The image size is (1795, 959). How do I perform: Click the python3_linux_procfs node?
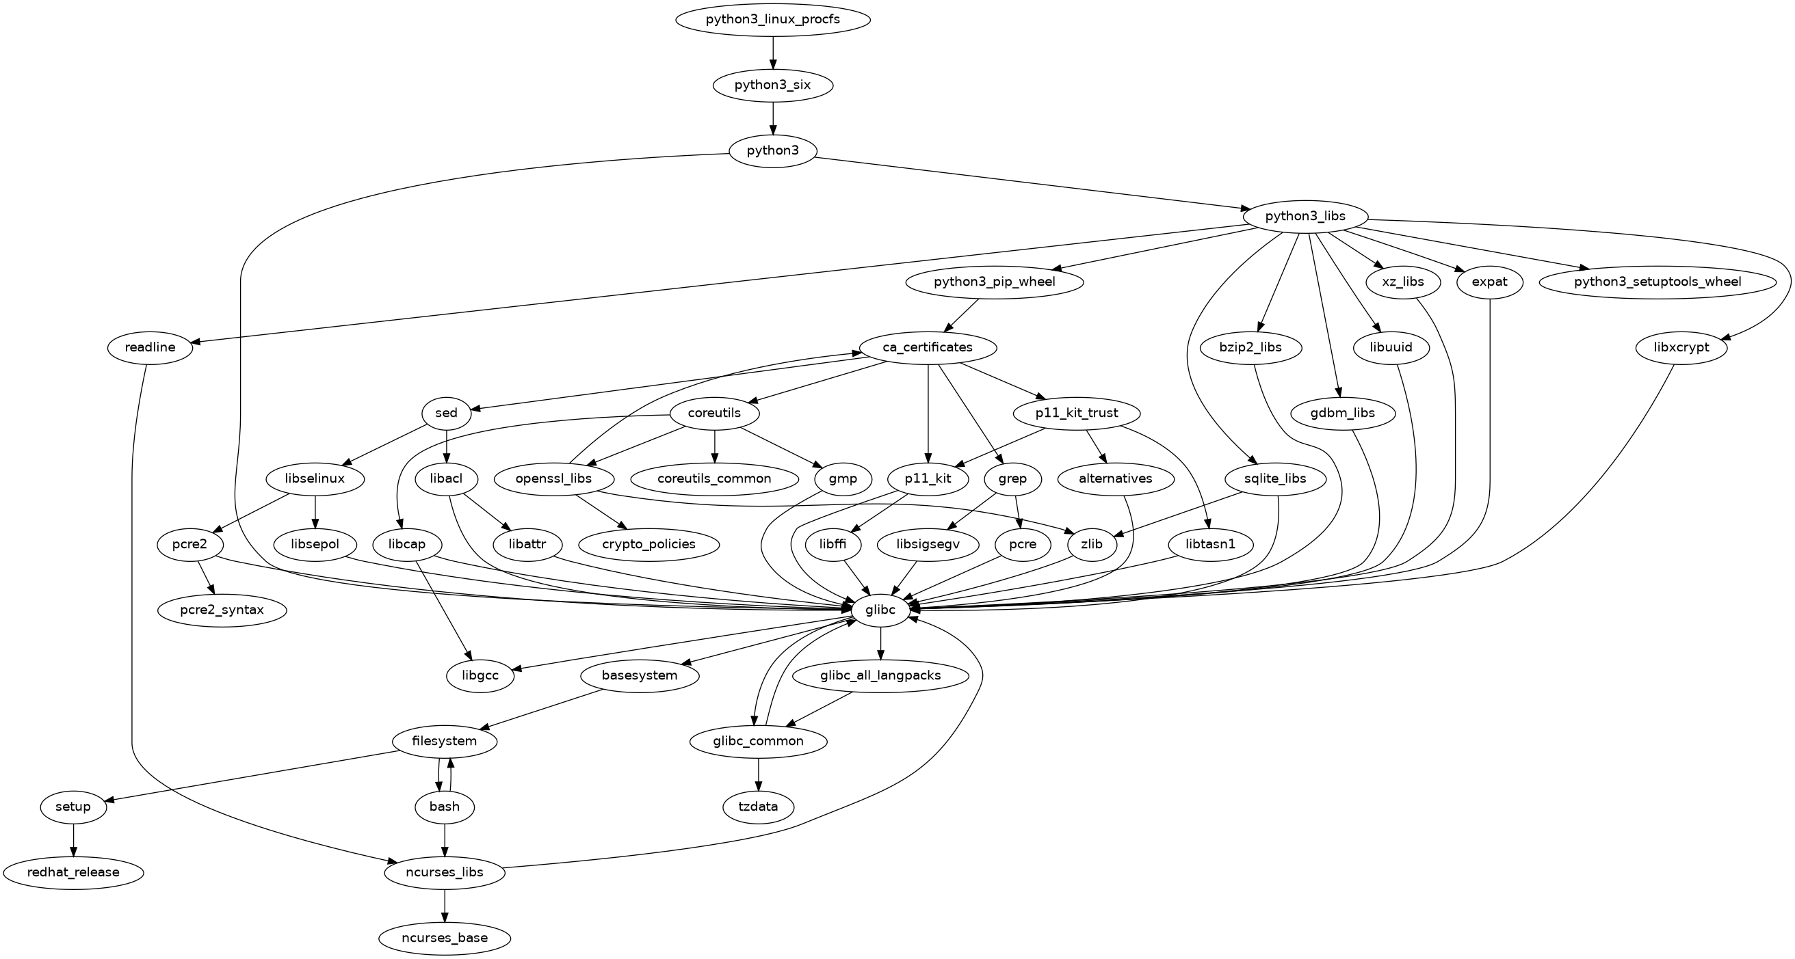coord(772,20)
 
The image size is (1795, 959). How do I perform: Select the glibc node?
coord(880,610)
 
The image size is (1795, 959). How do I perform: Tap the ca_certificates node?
coord(928,347)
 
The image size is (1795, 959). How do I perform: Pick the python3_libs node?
coord(1305,217)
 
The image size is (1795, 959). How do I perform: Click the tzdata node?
coord(758,807)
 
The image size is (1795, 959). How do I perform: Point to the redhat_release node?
coord(73,873)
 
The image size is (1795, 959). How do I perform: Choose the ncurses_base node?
coord(445,938)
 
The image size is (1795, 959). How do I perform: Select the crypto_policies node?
coord(648,545)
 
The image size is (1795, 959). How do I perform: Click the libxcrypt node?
coord(1681,347)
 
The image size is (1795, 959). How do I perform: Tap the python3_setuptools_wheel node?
coord(1657,282)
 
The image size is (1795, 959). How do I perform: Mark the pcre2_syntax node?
coord(222,611)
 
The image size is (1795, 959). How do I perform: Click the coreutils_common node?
coord(714,479)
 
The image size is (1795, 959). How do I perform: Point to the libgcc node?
coord(481,676)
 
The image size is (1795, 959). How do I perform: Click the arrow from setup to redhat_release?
coord(73,840)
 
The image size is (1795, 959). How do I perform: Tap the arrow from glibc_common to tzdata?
coord(758,774)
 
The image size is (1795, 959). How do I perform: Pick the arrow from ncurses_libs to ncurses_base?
coord(445,906)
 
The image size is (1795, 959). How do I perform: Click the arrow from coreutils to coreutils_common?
coord(714,446)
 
